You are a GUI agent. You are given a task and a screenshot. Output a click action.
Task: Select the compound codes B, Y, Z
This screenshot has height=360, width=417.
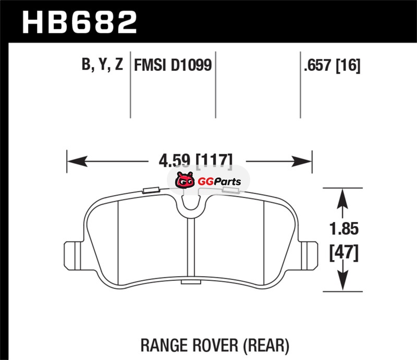(102, 65)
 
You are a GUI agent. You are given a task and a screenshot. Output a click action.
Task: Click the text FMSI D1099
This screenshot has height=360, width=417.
(173, 65)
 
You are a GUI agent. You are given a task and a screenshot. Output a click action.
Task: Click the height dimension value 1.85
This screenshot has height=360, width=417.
(342, 228)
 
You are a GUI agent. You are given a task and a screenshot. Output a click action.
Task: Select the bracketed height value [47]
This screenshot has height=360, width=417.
(343, 253)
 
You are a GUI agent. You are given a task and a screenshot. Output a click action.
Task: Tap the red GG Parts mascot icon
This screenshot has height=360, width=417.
(184, 181)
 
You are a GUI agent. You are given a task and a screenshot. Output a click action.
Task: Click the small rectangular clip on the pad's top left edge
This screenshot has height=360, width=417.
(150, 190)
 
